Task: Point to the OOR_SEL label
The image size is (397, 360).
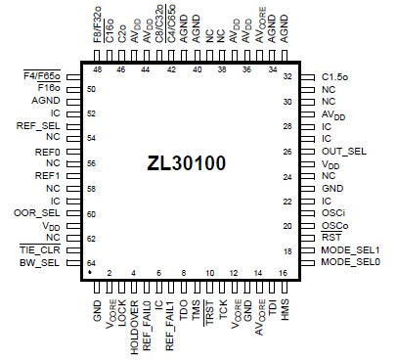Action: [x=40, y=213]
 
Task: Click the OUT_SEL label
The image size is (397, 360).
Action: [x=344, y=151]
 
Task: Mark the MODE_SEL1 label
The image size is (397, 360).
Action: [x=350, y=250]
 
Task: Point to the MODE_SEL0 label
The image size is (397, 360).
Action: [x=350, y=263]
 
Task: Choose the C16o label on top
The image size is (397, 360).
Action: [x=110, y=30]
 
